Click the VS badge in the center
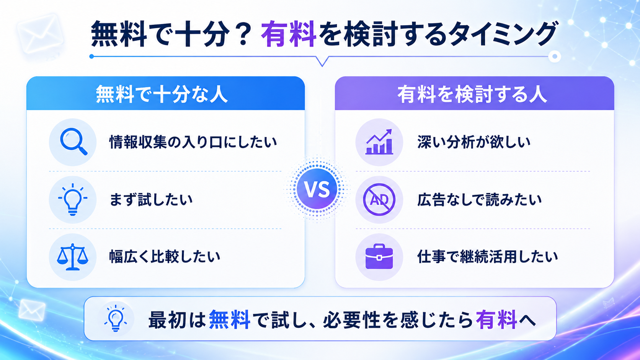coord(317,189)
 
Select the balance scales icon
coord(73,257)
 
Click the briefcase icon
coord(379,256)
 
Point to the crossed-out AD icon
coord(379,199)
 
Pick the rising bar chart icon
coord(379,142)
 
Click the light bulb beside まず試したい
coord(73,199)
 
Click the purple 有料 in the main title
coord(288,34)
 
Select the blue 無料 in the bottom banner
coord(230,319)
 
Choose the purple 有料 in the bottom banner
coord(496,319)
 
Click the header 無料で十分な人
coord(162,94)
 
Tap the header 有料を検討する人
coord(472,94)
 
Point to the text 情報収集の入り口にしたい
coord(193,142)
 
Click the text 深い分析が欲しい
coord(474,142)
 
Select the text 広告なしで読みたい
coord(480,199)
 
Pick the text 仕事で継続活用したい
coord(487,256)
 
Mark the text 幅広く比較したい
coord(165,256)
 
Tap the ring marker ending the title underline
coord(555,57)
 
